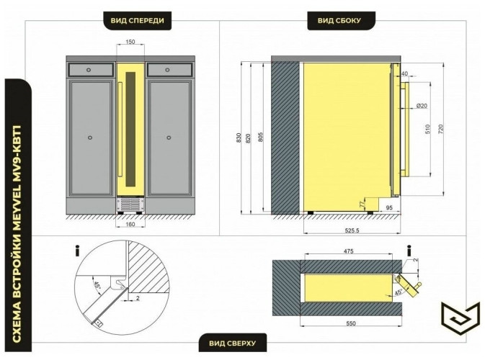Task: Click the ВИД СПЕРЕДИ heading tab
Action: (x=138, y=21)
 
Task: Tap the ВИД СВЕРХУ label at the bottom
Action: (x=232, y=343)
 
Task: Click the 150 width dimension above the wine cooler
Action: (x=130, y=42)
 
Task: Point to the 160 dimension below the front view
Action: (x=130, y=224)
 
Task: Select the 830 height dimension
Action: (x=239, y=138)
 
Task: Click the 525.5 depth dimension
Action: (x=352, y=230)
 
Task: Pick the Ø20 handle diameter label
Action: (x=422, y=106)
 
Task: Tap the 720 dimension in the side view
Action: (x=441, y=129)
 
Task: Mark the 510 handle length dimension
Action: (x=428, y=129)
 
